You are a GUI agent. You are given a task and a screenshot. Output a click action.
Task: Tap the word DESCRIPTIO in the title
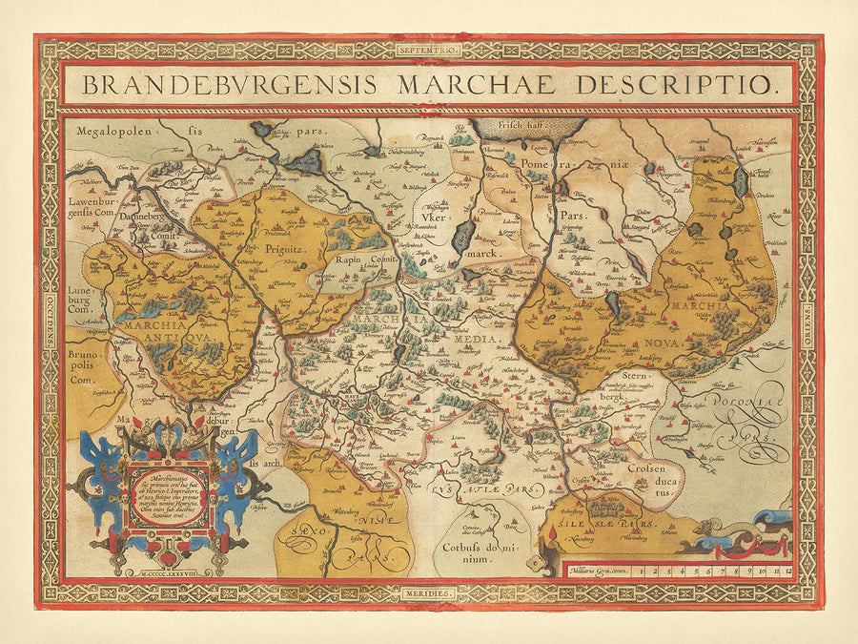tap(678, 83)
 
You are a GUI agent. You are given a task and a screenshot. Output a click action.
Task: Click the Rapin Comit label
tap(364, 258)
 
